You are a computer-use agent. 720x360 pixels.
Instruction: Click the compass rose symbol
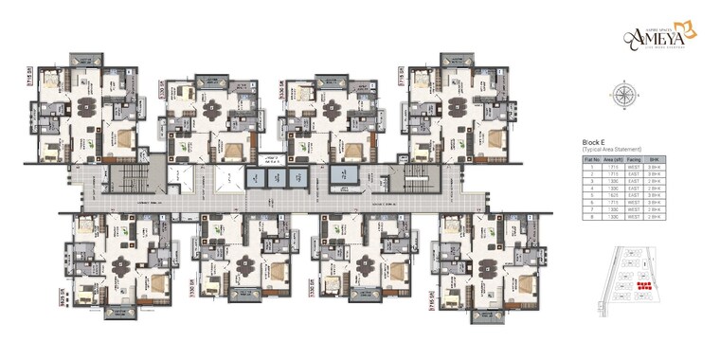point(623,94)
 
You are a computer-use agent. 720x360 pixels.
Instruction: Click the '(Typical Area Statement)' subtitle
point(612,150)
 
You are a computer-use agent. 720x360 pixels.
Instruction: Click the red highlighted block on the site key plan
point(644,284)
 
